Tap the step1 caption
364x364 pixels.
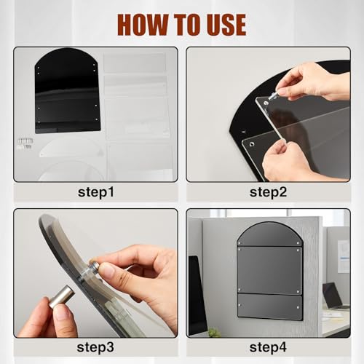tap(96, 192)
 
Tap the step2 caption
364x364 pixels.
tap(268, 192)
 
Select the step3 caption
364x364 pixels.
tap(95, 347)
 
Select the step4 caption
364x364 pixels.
tap(268, 347)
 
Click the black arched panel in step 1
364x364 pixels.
tap(68, 91)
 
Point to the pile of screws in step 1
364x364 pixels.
tap(25, 143)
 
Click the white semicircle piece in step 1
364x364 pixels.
tap(72, 148)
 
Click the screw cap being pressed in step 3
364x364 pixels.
tap(94, 266)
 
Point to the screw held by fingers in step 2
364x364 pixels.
tap(273, 95)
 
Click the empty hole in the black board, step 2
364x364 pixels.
tap(243, 132)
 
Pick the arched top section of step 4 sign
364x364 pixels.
tap(269, 234)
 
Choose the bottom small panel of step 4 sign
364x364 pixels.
tap(270, 306)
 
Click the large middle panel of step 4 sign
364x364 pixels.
tap(269, 270)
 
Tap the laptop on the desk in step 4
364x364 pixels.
tap(334, 296)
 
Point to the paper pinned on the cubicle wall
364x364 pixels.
tap(344, 256)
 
